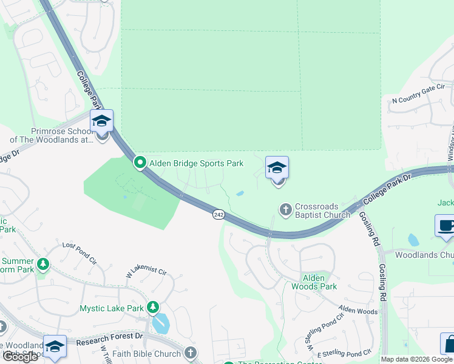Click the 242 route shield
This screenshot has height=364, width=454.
pyautogui.click(x=219, y=214)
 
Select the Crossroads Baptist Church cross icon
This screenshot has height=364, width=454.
pyautogui.click(x=285, y=209)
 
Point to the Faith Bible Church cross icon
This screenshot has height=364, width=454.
pyautogui.click(x=191, y=353)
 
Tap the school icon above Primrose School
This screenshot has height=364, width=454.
pyautogui.click(x=101, y=122)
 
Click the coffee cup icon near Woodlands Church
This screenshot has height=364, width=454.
pyautogui.click(x=446, y=226)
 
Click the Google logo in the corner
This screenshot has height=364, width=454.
pyautogui.click(x=20, y=357)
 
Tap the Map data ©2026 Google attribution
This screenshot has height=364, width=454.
pyautogui.click(x=416, y=359)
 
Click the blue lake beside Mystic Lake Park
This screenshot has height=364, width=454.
pyautogui.click(x=161, y=323)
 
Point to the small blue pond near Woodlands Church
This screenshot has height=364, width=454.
pyautogui.click(x=413, y=240)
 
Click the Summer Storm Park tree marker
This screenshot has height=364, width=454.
pyautogui.click(x=42, y=264)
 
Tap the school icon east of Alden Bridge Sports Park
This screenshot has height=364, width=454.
pyautogui.click(x=277, y=168)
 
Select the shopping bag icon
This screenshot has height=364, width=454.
pyautogui.click(x=448, y=343)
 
